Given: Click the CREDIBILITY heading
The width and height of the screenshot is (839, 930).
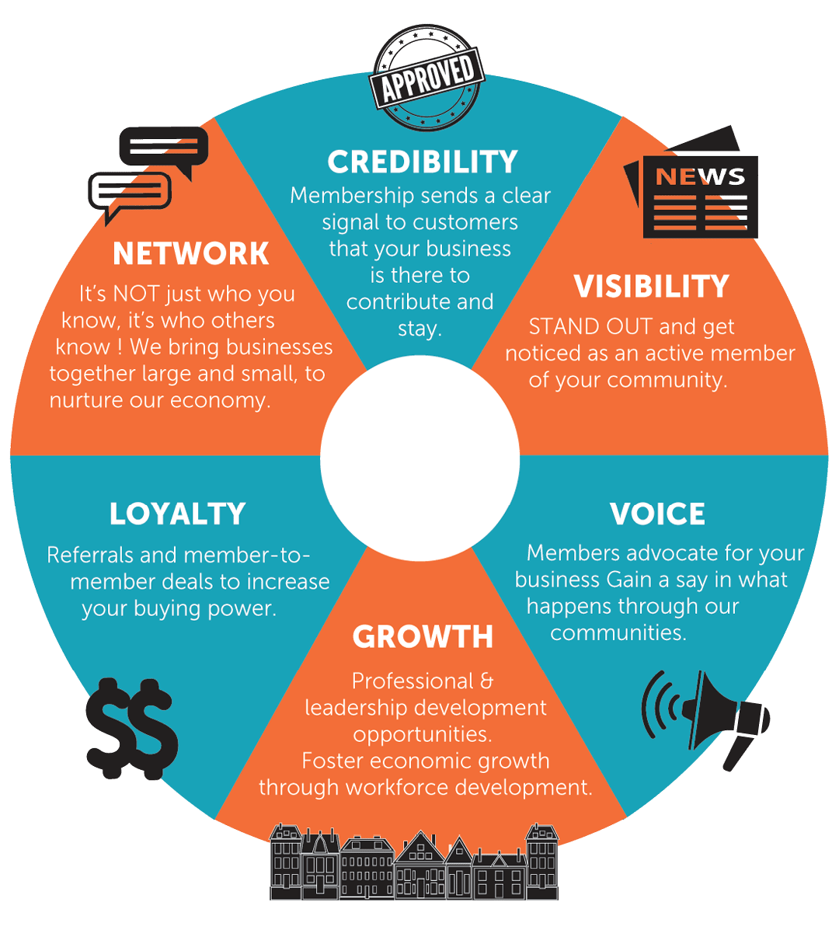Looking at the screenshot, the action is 423,162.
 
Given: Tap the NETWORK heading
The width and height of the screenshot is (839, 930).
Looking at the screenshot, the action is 191,254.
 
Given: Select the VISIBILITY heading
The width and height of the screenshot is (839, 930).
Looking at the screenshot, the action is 651,287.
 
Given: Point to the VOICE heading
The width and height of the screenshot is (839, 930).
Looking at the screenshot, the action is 657,514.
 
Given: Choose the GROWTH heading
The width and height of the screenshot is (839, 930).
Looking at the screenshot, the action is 423,637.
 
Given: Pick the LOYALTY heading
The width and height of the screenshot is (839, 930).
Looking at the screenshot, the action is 177,514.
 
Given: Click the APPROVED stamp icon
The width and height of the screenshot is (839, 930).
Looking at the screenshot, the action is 427,78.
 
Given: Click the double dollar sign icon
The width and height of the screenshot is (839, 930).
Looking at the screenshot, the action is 131,728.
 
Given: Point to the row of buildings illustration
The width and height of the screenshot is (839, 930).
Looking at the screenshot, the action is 414,862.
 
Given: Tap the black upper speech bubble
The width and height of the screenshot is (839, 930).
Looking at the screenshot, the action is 164,148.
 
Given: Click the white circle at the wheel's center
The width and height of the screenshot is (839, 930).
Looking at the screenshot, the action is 419,458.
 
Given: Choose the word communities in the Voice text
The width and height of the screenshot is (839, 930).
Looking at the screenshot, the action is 618,633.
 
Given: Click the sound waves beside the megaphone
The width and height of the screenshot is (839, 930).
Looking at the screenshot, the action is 660,705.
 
